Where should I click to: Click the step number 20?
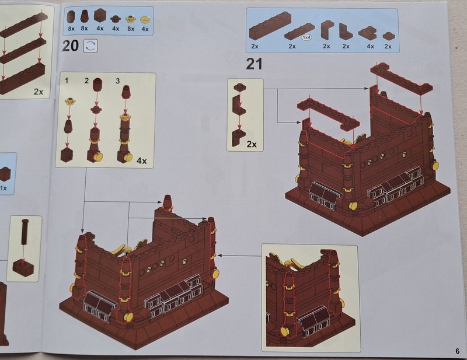click(x=70, y=46)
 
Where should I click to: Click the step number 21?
click(x=254, y=64)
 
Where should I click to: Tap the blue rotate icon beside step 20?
click(x=90, y=46)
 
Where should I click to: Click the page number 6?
click(x=458, y=351)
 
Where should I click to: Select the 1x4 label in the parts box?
click(x=306, y=37)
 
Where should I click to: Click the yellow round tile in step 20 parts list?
click(x=145, y=20)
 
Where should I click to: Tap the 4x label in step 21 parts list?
click(x=370, y=46)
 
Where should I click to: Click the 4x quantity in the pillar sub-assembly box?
click(x=141, y=161)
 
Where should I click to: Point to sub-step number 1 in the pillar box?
click(x=67, y=81)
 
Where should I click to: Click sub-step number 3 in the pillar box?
click(x=118, y=81)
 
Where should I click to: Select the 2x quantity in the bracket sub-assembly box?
click(x=252, y=144)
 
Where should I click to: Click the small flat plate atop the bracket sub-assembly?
click(x=240, y=88)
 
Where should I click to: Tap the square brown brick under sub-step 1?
click(x=67, y=155)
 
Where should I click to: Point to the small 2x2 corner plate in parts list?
click(x=367, y=33)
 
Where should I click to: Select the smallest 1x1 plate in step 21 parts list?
click(x=387, y=36)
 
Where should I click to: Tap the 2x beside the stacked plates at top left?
click(x=39, y=92)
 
